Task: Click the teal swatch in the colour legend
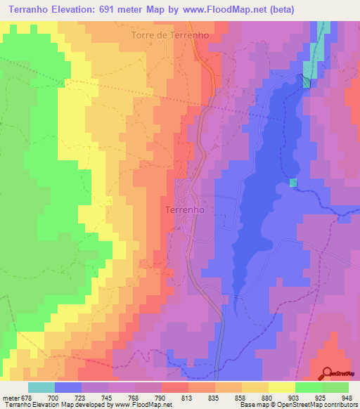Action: point(41,387)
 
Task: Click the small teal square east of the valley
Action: point(293,183)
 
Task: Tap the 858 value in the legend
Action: point(227,398)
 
